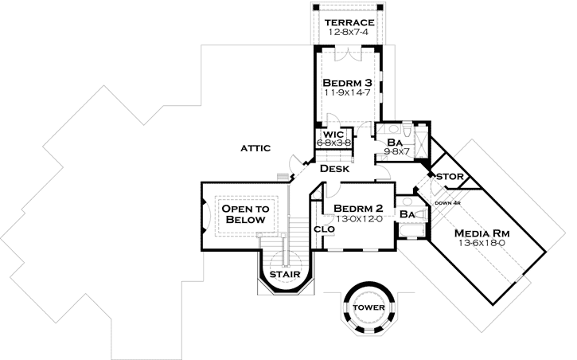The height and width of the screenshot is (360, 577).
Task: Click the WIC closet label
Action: (333, 134)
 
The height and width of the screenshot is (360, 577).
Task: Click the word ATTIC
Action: (255, 148)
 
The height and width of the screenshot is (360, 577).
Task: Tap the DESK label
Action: (335, 169)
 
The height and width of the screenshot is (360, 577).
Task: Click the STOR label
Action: (450, 177)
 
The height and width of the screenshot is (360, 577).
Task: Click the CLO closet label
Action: (324, 229)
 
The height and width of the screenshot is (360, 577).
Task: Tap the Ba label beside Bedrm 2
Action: (407, 214)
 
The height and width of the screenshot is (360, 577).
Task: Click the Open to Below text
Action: (245, 213)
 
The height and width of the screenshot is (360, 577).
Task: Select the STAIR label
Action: (283, 276)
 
